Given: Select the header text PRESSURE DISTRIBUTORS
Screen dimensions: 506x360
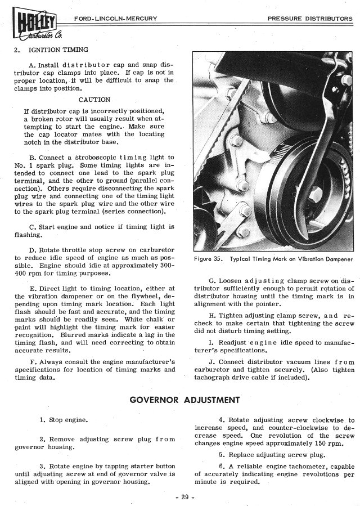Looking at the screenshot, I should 310,18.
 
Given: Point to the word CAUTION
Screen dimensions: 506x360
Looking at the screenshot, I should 94,100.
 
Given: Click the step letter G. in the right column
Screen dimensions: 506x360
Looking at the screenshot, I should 212,280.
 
